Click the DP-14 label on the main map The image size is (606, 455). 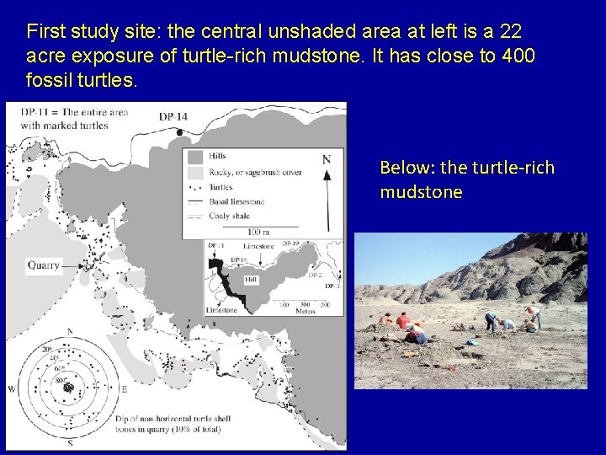click(x=173, y=116)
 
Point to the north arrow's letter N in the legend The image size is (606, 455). click(x=327, y=159)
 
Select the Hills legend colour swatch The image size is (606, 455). click(x=195, y=156)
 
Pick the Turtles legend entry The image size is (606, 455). click(x=222, y=186)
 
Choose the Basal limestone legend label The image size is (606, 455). click(x=237, y=201)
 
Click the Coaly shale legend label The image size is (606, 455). click(x=230, y=216)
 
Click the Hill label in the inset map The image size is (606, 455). click(x=250, y=279)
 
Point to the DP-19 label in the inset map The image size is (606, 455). click(x=291, y=244)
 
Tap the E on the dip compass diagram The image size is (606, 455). click(x=124, y=388)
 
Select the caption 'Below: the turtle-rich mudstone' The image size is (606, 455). click(x=466, y=179)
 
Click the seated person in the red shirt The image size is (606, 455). click(x=402, y=321)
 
